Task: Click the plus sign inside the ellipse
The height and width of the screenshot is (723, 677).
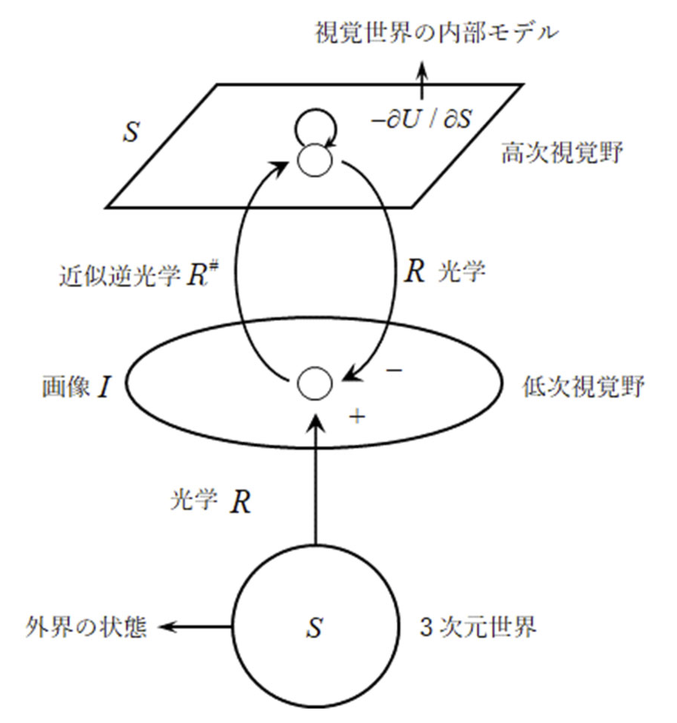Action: tap(357, 417)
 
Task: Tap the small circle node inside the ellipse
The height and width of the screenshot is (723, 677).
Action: tap(313, 383)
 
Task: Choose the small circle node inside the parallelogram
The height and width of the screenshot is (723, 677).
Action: tap(313, 160)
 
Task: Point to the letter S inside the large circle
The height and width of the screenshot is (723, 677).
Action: tap(315, 628)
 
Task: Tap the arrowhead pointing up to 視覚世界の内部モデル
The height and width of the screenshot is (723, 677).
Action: tap(422, 70)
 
